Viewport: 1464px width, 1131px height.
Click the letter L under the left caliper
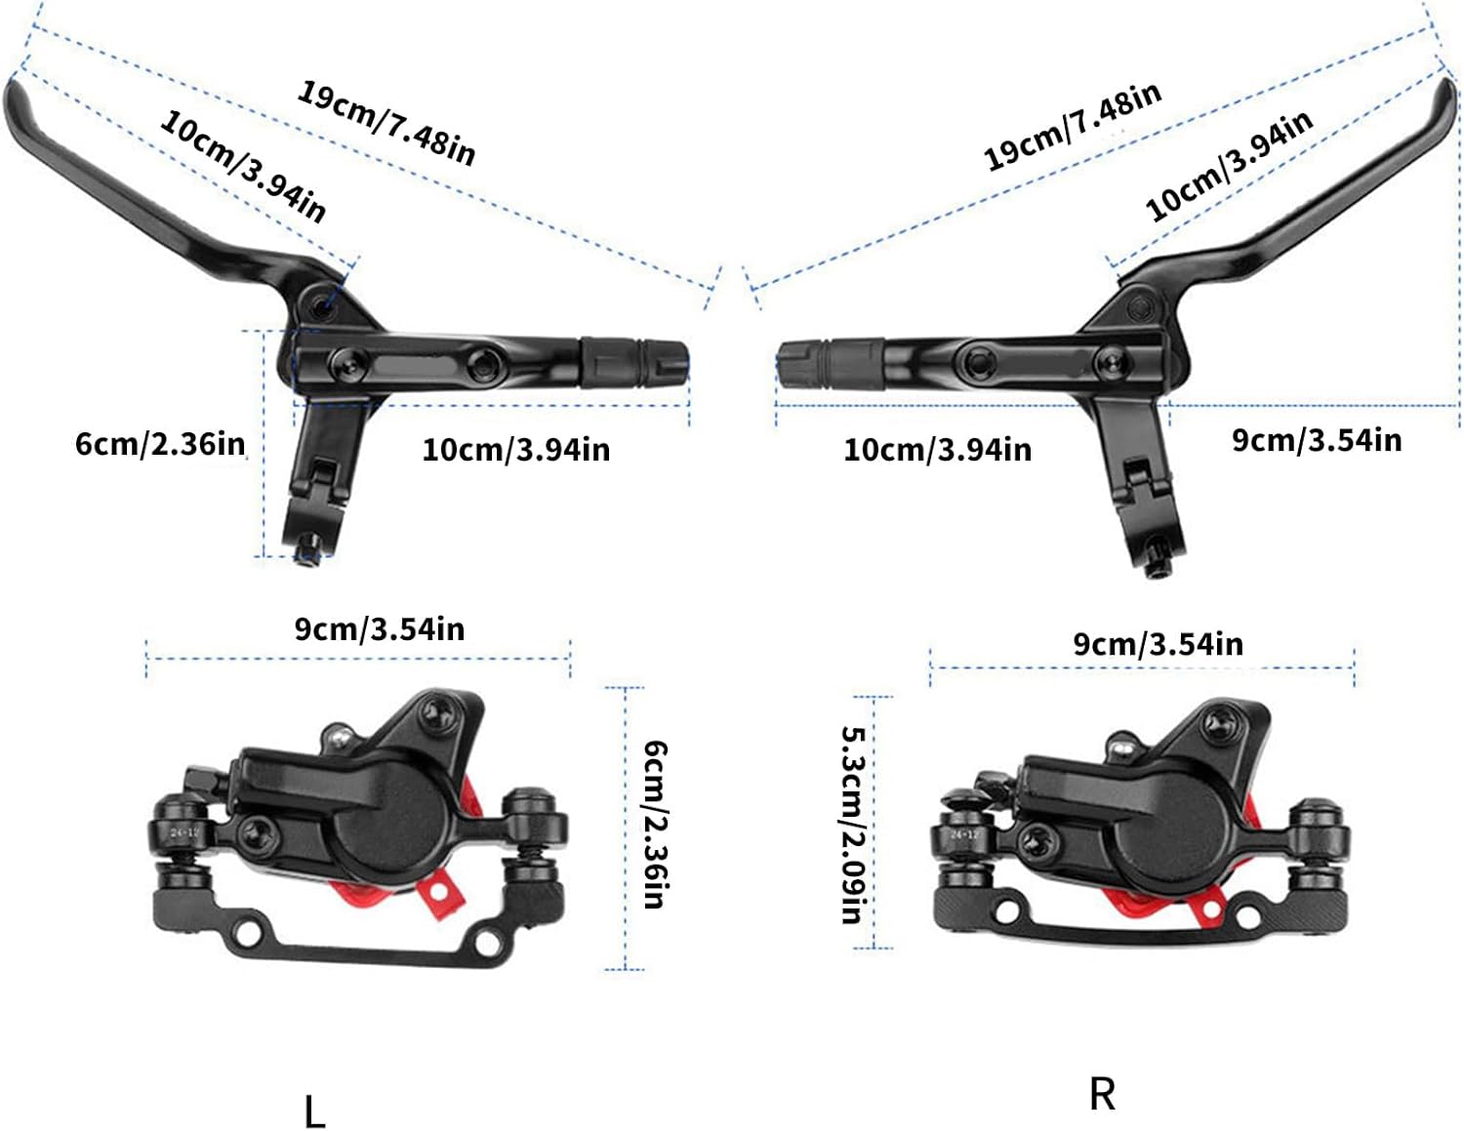(314, 1111)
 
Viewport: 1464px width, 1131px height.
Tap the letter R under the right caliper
(1102, 1094)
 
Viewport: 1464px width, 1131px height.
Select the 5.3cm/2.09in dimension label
(852, 825)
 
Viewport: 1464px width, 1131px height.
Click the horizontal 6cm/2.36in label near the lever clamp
(160, 444)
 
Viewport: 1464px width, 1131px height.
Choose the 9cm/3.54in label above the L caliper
(380, 629)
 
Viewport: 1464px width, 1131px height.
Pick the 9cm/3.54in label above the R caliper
(1159, 644)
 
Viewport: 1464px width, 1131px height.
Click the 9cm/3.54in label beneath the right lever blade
(1317, 440)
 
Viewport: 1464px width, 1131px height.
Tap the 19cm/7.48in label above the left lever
(386, 123)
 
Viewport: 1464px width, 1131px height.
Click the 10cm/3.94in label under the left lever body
(515, 450)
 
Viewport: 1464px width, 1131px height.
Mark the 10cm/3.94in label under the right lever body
(937, 450)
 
